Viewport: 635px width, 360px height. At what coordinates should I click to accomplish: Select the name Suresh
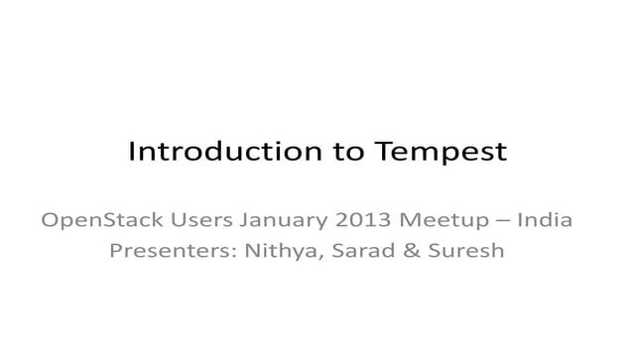coord(466,250)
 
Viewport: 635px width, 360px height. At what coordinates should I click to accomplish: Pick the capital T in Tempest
coord(383,153)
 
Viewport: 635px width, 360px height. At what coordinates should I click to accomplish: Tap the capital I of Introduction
coord(133,153)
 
